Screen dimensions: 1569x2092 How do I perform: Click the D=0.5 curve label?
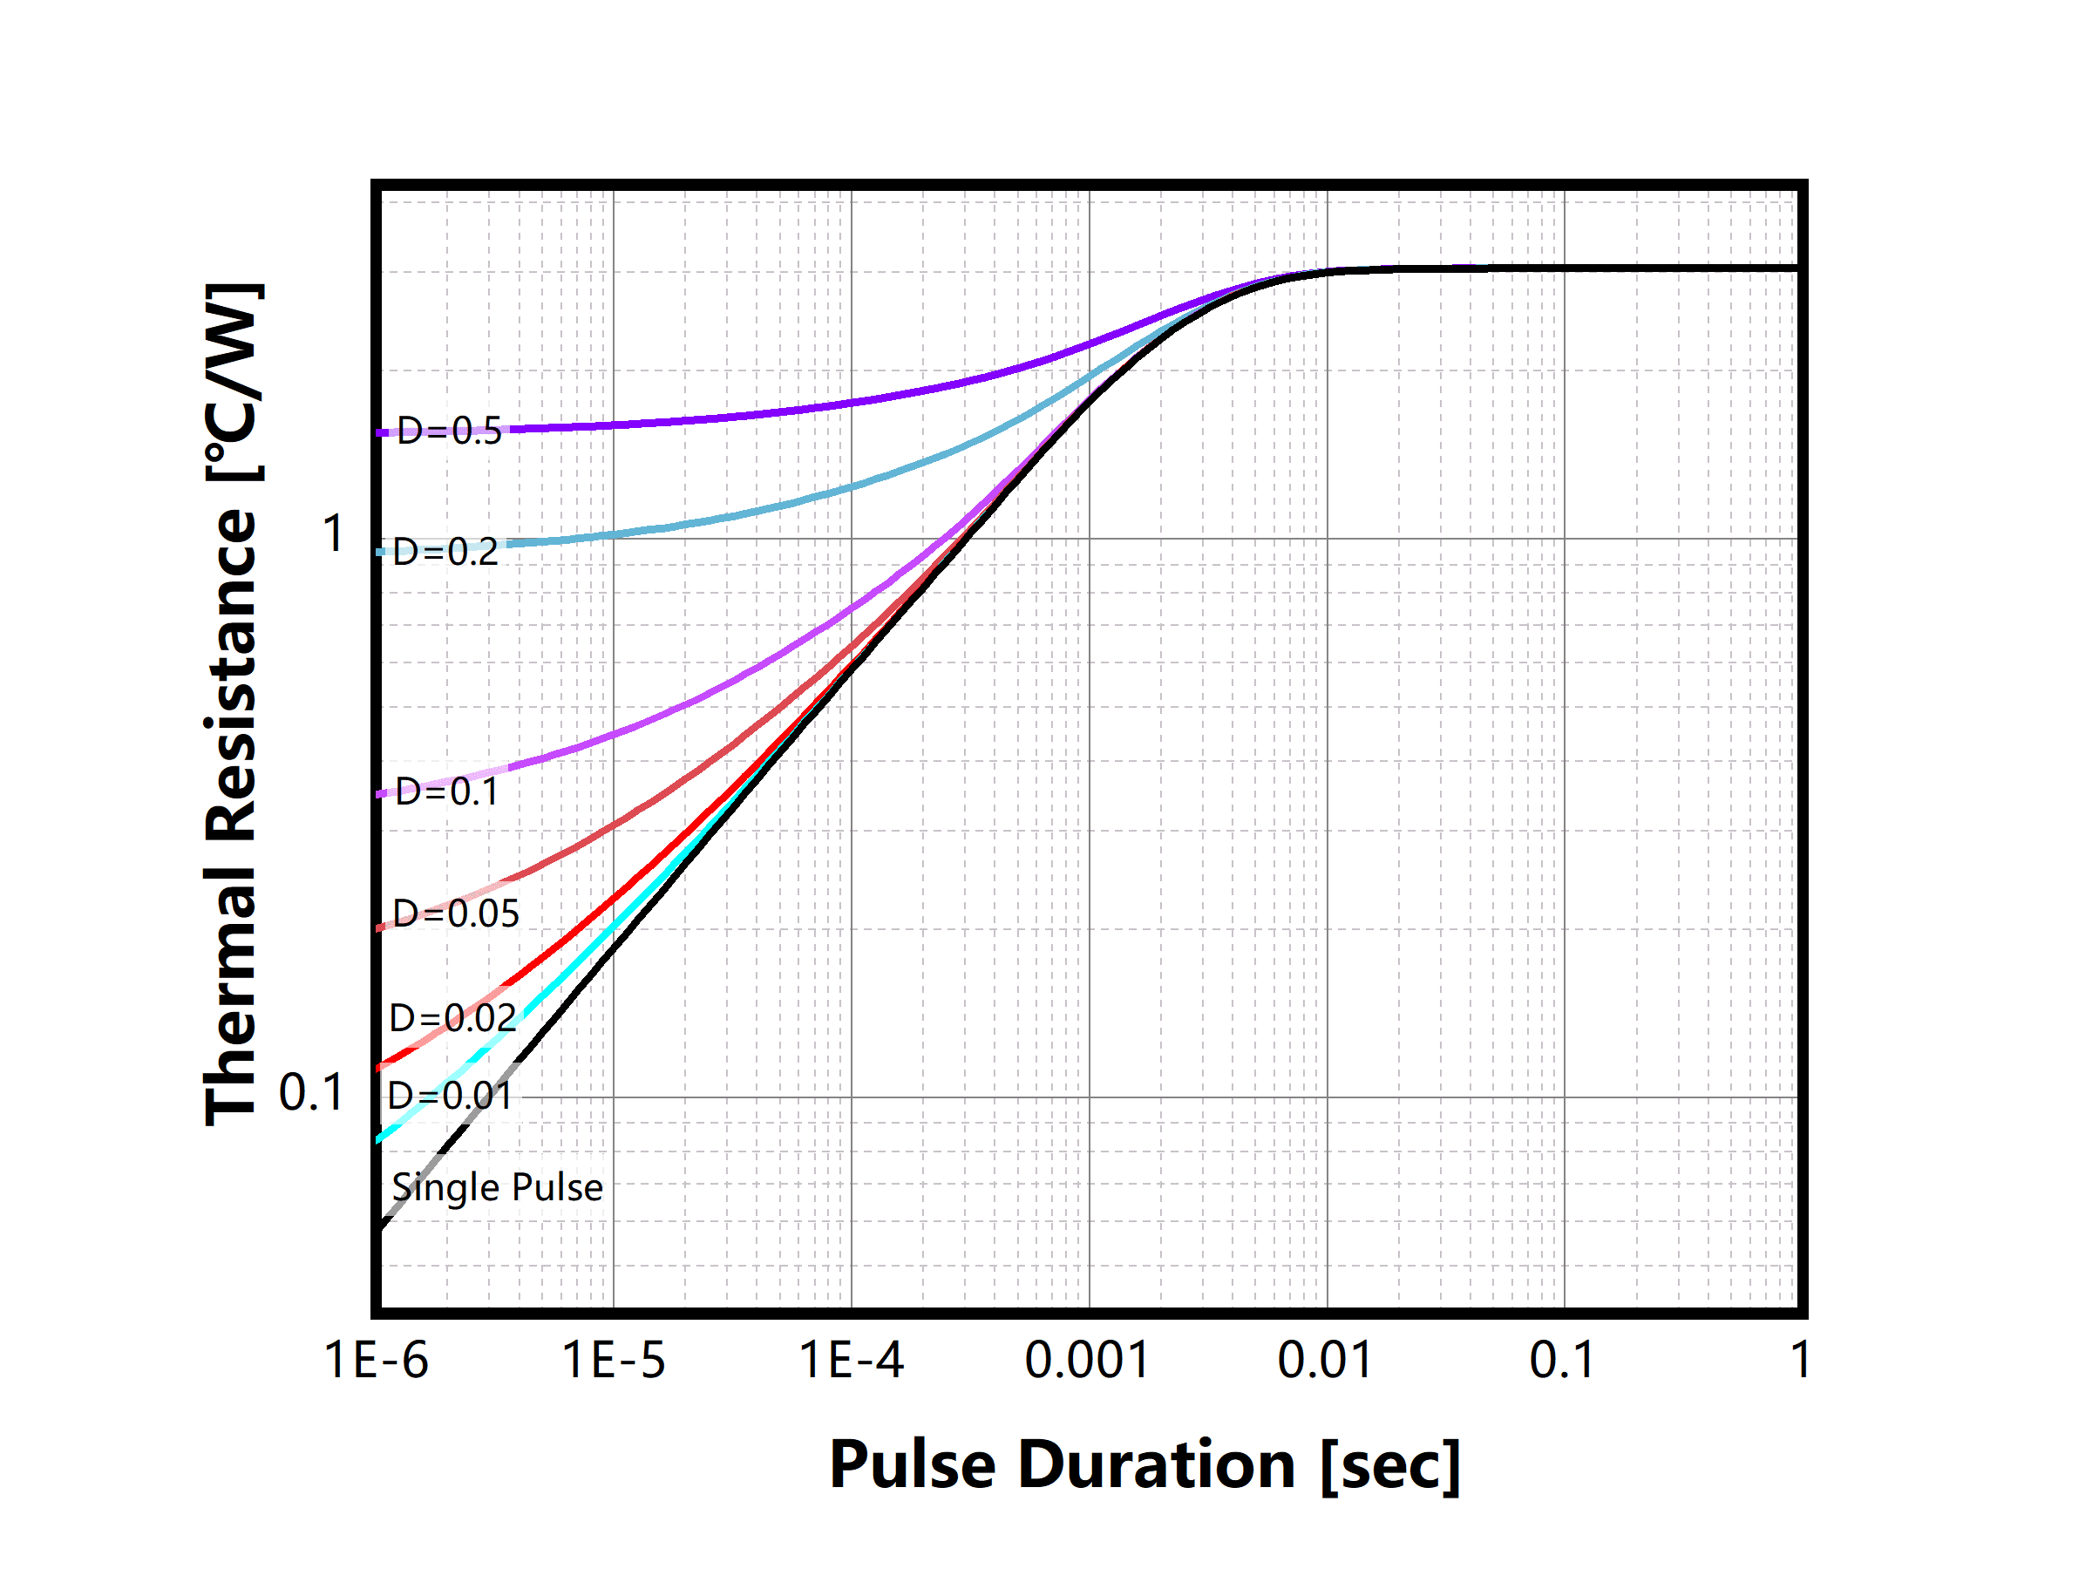click(x=449, y=431)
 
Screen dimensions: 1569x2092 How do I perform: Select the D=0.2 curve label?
click(x=445, y=553)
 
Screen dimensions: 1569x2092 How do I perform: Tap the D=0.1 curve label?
click(x=446, y=792)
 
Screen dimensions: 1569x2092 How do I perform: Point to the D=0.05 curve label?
click(x=456, y=914)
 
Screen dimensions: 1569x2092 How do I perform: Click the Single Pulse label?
click(x=498, y=1187)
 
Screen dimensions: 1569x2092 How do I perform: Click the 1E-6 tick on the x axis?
click(x=377, y=1361)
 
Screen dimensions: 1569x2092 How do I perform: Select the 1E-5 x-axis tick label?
click(x=614, y=1361)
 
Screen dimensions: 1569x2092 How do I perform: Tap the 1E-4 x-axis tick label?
click(x=851, y=1361)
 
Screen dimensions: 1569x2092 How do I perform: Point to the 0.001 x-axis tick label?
click(x=1088, y=1361)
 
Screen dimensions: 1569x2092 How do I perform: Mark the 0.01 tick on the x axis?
click(x=1325, y=1361)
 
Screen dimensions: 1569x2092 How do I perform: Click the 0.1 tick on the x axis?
click(x=1562, y=1361)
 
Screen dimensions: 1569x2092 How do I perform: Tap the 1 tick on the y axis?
click(x=333, y=534)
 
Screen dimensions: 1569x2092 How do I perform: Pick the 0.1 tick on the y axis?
click(x=311, y=1093)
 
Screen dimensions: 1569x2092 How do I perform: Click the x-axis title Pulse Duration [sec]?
click(x=1145, y=1465)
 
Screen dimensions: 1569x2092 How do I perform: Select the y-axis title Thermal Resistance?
click(x=232, y=703)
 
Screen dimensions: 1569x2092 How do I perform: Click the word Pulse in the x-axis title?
click(x=913, y=1465)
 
